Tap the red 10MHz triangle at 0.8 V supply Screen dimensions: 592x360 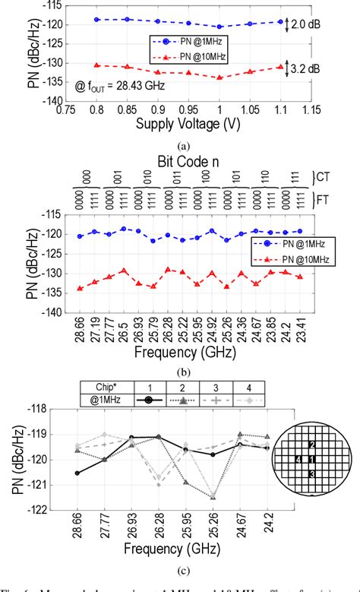[x=96, y=65]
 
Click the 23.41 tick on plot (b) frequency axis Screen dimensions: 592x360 [x=300, y=334]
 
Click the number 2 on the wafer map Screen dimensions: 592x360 [x=311, y=444]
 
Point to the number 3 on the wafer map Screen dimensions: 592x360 [x=312, y=473]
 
